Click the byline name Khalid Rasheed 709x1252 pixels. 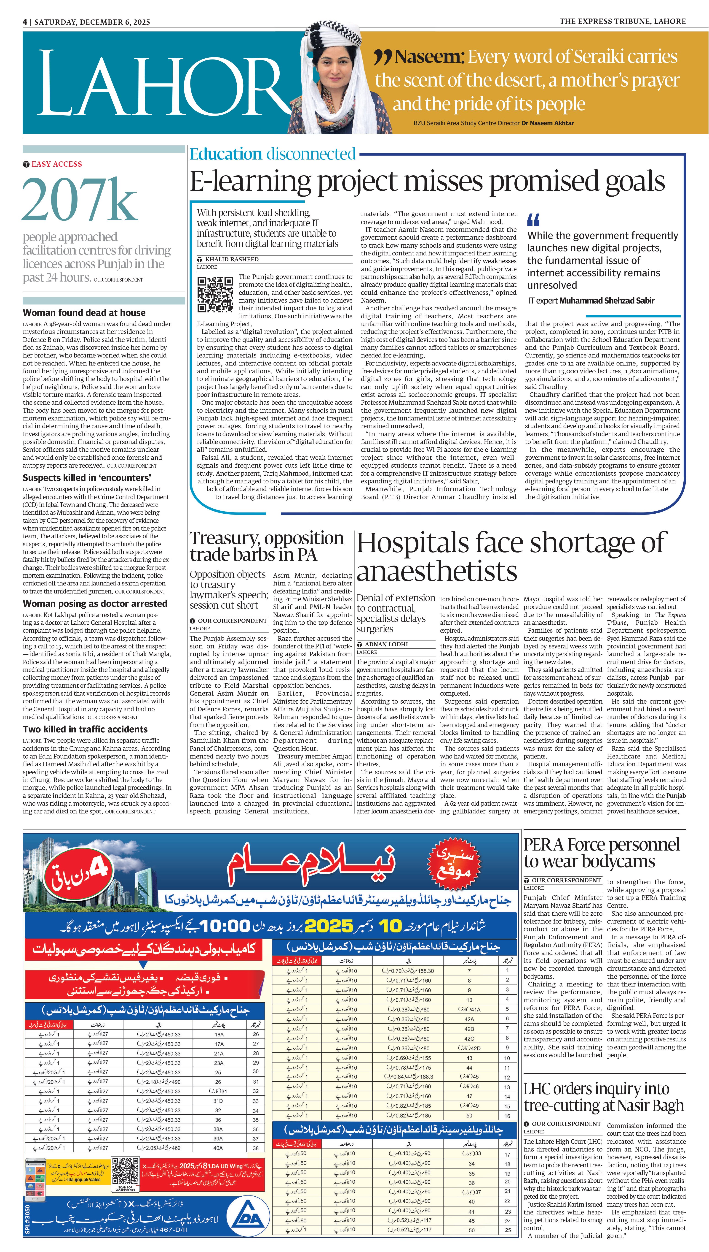[x=232, y=259]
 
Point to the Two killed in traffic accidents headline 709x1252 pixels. [x=85, y=729]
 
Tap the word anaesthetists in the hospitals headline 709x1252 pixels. [x=437, y=571]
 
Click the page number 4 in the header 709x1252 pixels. [x=25, y=22]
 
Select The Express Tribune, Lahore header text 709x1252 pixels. [x=622, y=22]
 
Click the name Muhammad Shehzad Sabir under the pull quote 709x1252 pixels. [x=607, y=301]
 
